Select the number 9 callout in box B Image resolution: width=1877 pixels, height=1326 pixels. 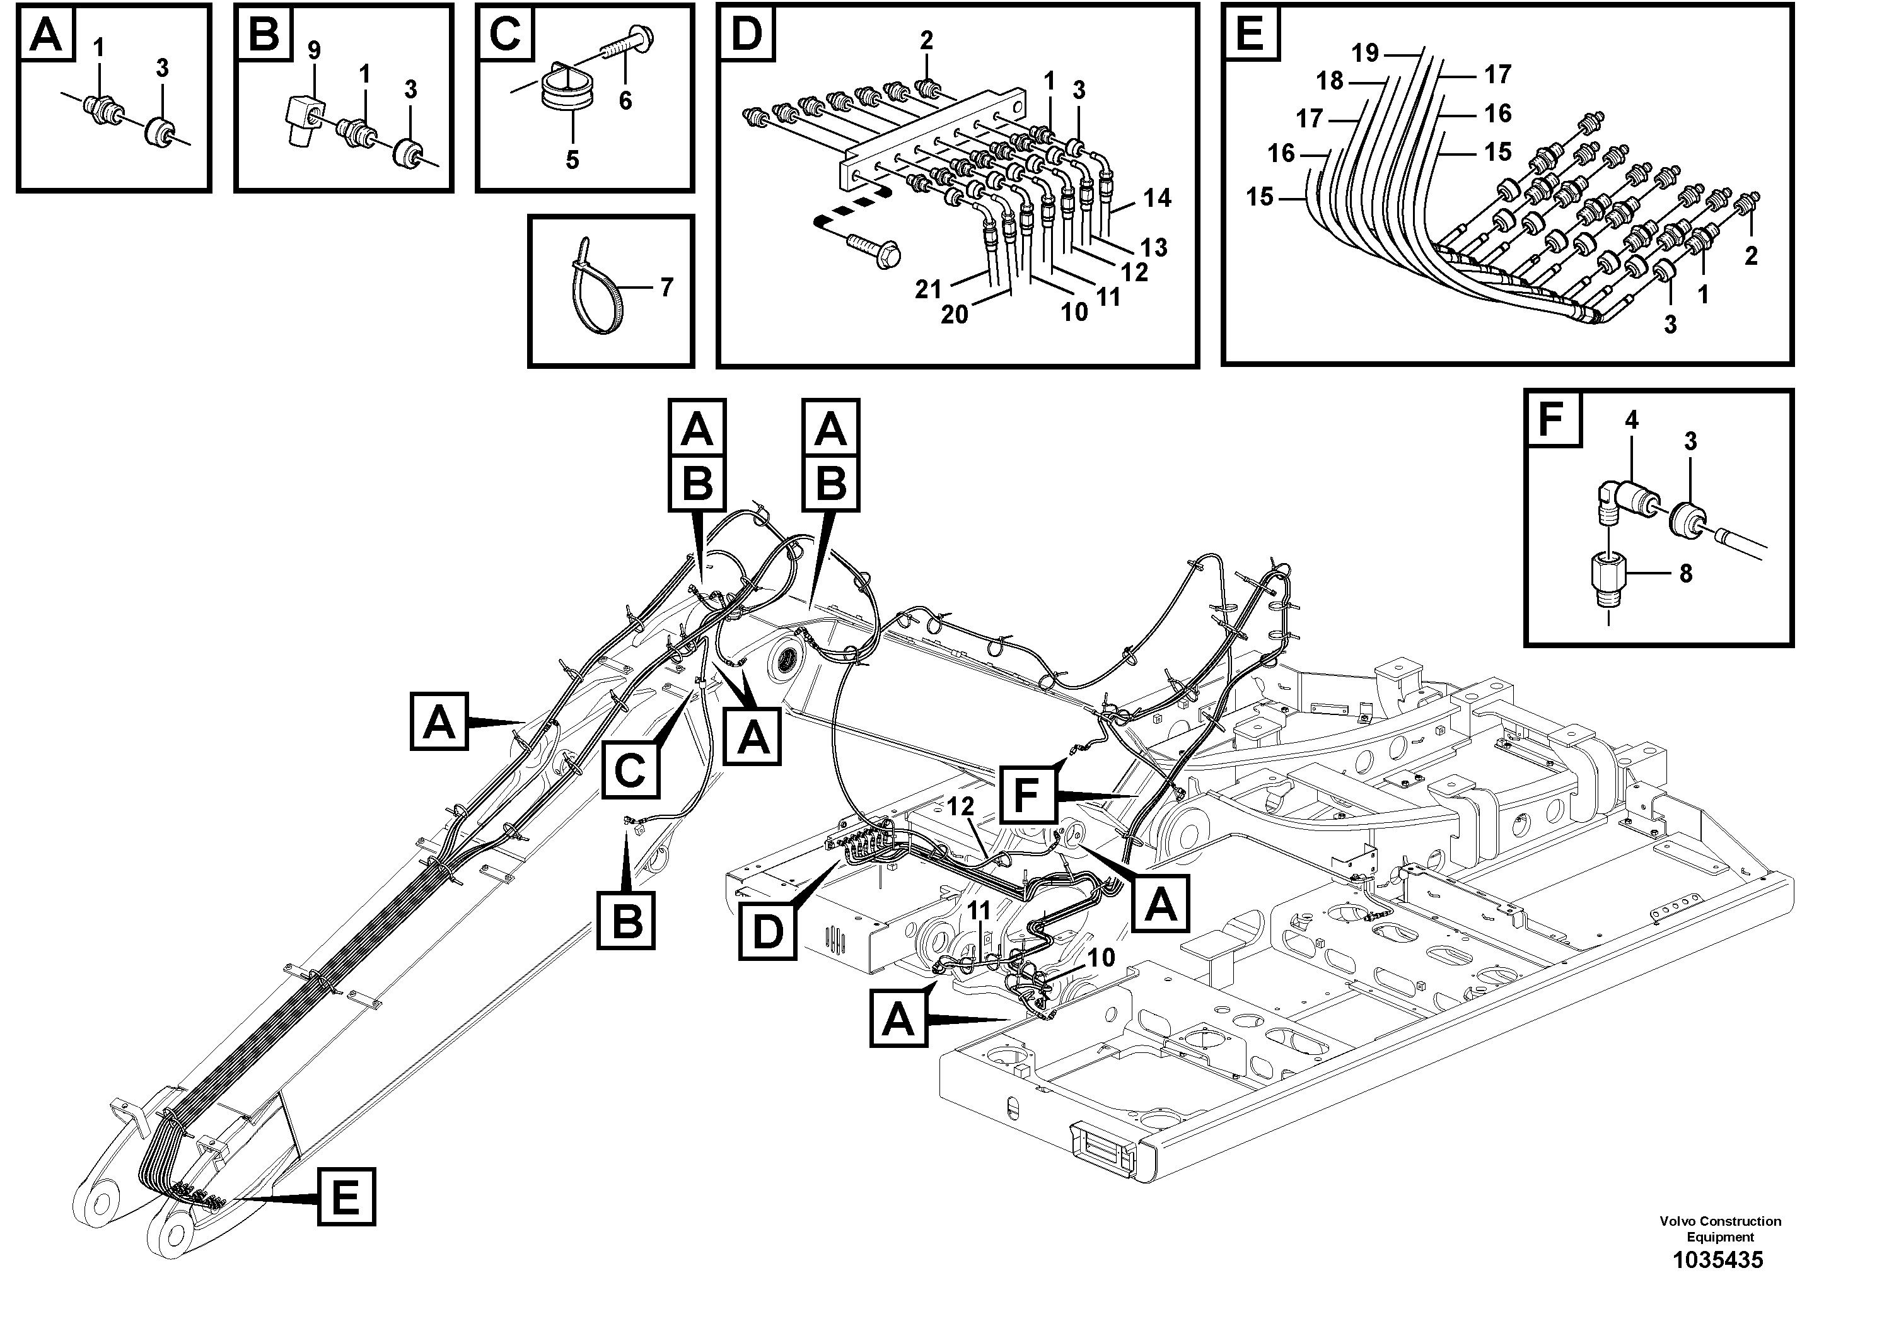click(x=314, y=50)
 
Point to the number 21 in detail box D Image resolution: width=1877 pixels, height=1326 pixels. click(x=928, y=289)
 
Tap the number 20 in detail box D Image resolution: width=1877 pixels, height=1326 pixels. click(x=954, y=314)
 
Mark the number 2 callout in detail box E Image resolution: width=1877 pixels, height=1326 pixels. click(x=1750, y=257)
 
